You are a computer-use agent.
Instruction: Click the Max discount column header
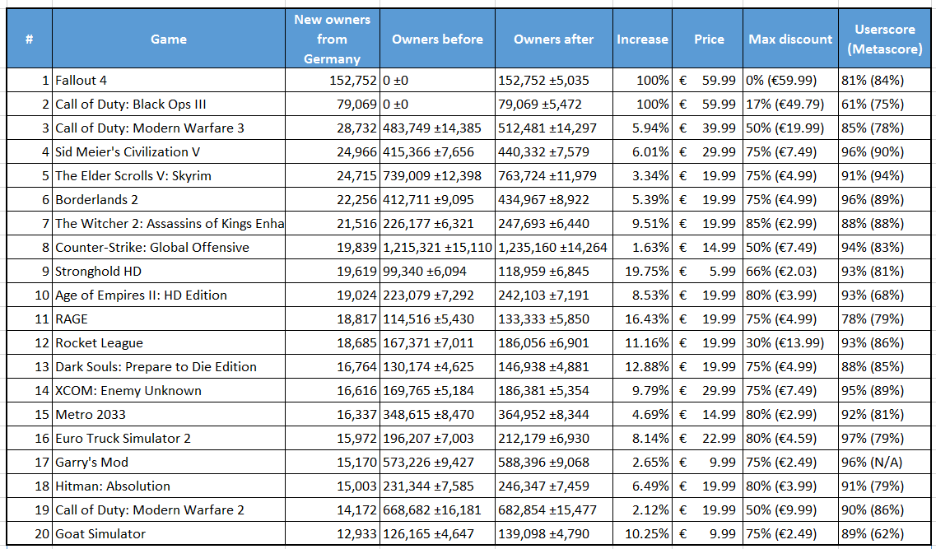[790, 40]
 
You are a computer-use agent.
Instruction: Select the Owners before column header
[438, 40]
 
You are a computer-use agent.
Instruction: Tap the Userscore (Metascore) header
[885, 40]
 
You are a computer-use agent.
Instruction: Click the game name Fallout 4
[81, 81]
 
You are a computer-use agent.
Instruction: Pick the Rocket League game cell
[99, 343]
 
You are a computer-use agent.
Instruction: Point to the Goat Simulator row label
[100, 534]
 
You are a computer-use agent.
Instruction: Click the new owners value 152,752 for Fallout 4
[353, 81]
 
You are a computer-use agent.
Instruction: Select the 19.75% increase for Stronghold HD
[647, 272]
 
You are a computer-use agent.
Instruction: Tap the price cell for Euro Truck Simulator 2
[707, 439]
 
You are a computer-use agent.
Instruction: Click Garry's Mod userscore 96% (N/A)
[873, 463]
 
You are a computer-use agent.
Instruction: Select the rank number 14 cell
[42, 391]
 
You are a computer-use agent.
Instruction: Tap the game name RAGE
[72, 319]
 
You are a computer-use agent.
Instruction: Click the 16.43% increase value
[647, 319]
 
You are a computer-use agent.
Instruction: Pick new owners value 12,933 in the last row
[357, 534]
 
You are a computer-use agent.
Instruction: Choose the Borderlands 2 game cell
[96, 200]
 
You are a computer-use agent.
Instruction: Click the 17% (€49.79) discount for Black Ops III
[785, 105]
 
